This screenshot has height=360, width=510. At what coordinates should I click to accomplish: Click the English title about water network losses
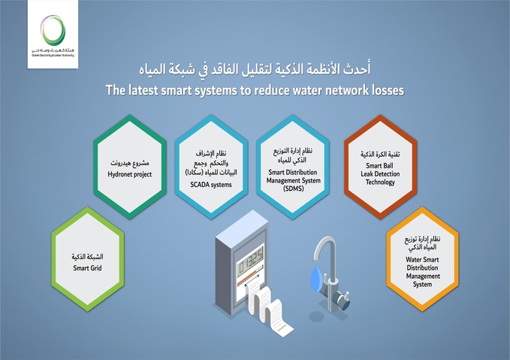point(255,89)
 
